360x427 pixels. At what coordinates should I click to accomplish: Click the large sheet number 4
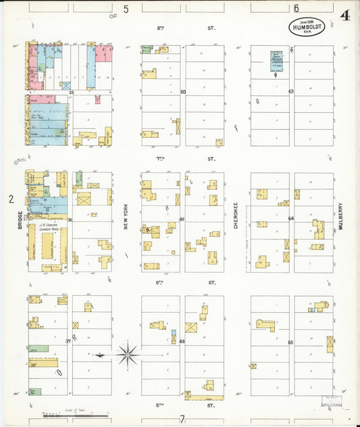(x=345, y=15)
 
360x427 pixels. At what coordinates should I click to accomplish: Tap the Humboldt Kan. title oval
(x=310, y=27)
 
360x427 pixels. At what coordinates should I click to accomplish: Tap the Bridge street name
(x=22, y=223)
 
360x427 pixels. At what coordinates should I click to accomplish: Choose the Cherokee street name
(x=236, y=216)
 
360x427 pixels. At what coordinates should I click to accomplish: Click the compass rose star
(x=127, y=353)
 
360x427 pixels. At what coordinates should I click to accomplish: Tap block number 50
(x=182, y=92)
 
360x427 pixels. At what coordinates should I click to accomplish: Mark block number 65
(x=290, y=343)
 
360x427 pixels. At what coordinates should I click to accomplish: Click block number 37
(x=68, y=341)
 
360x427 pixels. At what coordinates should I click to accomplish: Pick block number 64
(x=291, y=218)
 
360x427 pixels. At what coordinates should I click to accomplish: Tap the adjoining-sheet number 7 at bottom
(x=182, y=419)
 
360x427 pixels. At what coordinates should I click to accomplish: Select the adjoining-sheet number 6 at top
(x=296, y=8)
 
